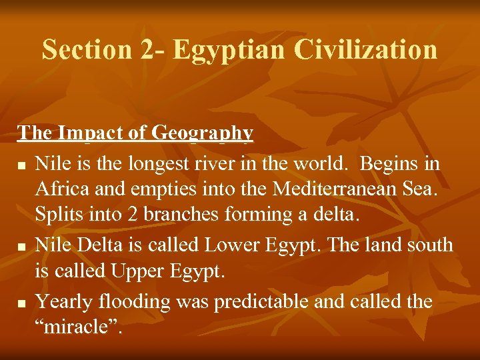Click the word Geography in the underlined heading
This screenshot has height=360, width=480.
click(x=203, y=133)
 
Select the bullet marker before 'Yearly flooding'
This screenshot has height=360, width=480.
click(x=22, y=304)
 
